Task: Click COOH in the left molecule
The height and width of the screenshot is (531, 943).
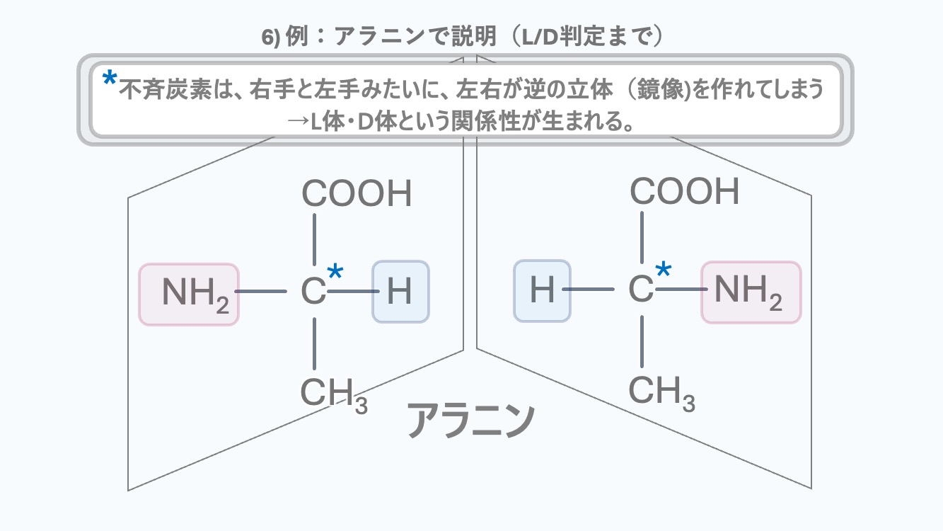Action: (x=357, y=194)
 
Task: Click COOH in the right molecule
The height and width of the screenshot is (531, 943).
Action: (x=684, y=191)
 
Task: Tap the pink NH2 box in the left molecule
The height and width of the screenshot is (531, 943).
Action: (x=189, y=294)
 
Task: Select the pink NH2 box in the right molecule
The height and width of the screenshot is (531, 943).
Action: (x=751, y=292)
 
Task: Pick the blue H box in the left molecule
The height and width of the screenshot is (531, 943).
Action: (x=400, y=292)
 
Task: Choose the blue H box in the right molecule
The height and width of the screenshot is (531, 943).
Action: (x=542, y=291)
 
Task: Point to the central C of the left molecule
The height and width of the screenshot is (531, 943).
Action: (x=313, y=292)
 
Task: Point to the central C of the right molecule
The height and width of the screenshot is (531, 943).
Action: (x=641, y=290)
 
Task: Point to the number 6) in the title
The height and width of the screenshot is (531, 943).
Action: (x=272, y=38)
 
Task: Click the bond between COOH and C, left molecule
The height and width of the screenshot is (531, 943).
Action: (x=314, y=237)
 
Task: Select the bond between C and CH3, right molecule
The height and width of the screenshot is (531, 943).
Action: (x=642, y=341)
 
